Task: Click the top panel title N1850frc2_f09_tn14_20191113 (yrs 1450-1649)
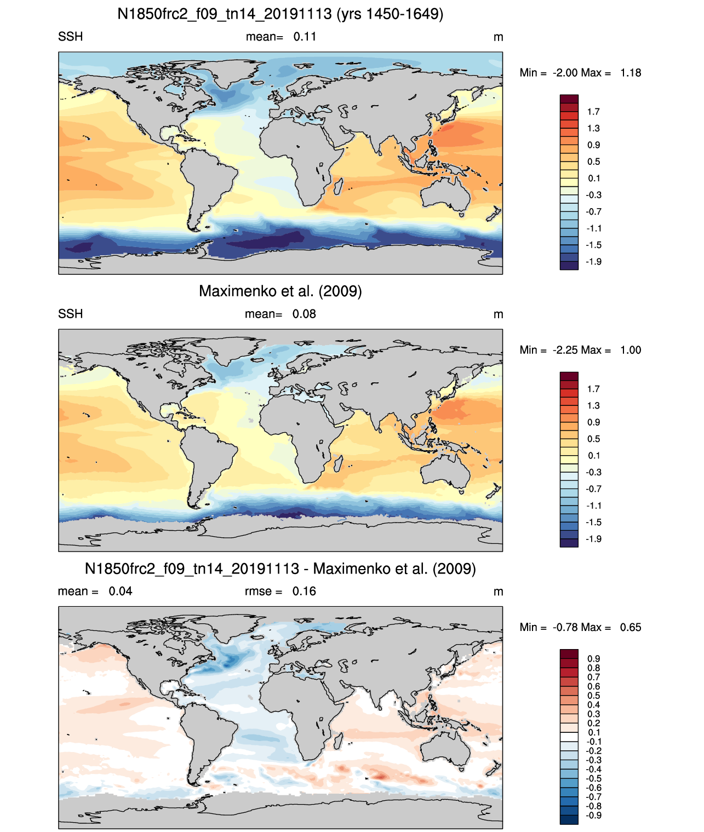pyautogui.click(x=280, y=14)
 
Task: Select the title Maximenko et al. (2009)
pyautogui.click(x=280, y=291)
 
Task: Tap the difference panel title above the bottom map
pyautogui.click(x=280, y=569)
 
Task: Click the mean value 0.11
pyautogui.click(x=305, y=37)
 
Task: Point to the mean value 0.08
pyautogui.click(x=304, y=314)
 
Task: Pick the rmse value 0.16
pyautogui.click(x=304, y=592)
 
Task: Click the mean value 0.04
pyautogui.click(x=121, y=592)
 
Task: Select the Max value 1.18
pyautogui.click(x=631, y=73)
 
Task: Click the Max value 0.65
pyautogui.click(x=631, y=628)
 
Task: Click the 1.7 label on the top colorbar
pyautogui.click(x=593, y=112)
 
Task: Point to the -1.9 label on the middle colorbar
pyautogui.click(x=593, y=539)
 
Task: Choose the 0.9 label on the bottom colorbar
pyautogui.click(x=593, y=659)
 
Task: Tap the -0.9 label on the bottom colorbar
pyautogui.click(x=593, y=816)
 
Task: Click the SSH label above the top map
pyautogui.click(x=71, y=37)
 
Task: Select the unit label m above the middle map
pyautogui.click(x=499, y=314)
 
